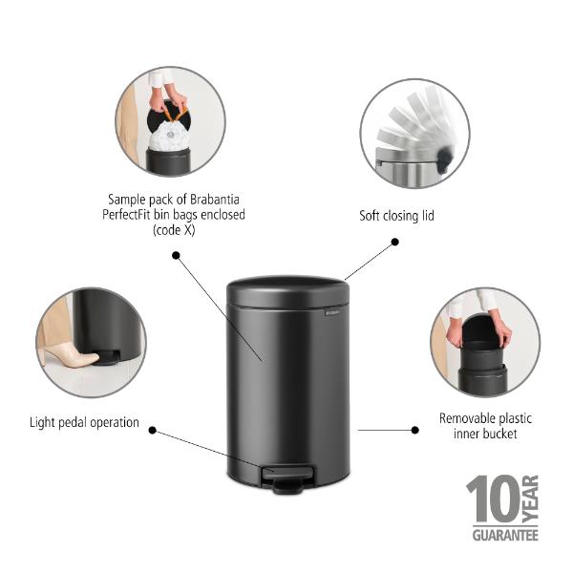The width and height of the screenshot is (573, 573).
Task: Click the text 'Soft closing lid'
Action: [396, 216]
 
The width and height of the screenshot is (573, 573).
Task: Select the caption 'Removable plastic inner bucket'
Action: [485, 426]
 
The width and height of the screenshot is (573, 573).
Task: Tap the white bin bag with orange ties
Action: [169, 139]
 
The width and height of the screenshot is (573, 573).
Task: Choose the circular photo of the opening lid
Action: [415, 133]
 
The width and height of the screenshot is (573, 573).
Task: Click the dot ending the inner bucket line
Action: [414, 430]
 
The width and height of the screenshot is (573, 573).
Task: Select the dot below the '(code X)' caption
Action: [177, 255]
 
